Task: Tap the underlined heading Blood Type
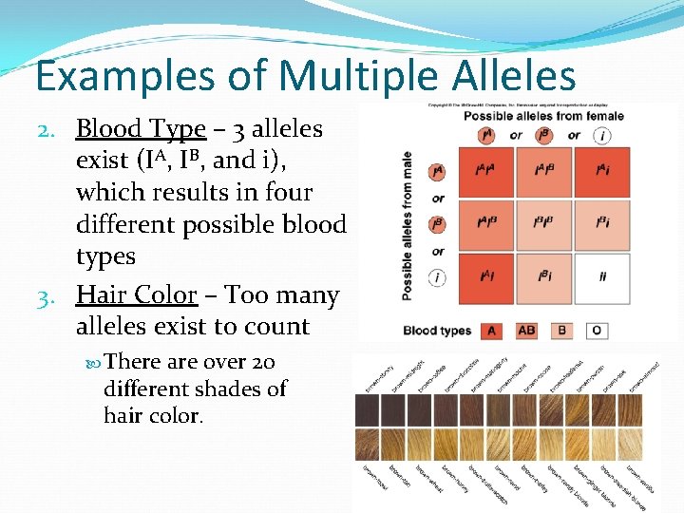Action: (x=141, y=128)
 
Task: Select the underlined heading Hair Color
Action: (x=136, y=294)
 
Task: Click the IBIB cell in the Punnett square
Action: (x=544, y=223)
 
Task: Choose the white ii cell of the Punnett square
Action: (x=602, y=276)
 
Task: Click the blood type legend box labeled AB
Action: (x=527, y=331)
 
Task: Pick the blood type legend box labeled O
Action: (x=596, y=331)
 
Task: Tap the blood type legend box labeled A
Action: (x=491, y=331)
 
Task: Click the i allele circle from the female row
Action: (x=602, y=136)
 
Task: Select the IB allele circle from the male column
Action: (x=437, y=225)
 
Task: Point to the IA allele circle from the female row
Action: (x=487, y=136)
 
